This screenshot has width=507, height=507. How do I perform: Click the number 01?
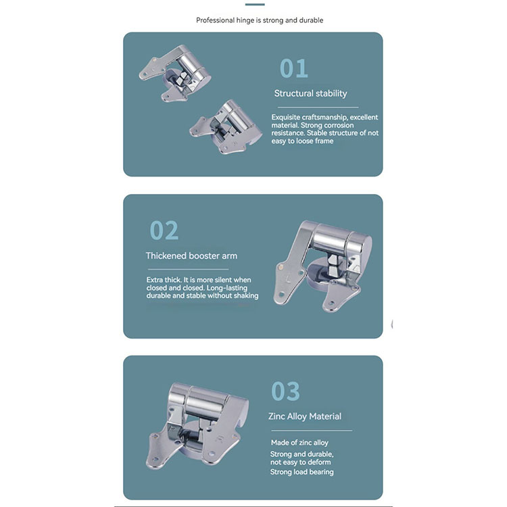293,68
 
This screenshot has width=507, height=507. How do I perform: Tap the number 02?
164,231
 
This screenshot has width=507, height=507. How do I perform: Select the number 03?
285,391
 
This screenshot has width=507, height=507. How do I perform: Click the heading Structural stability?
310,93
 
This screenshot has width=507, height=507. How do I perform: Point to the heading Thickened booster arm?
191,256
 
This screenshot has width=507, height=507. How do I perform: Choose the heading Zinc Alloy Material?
305,416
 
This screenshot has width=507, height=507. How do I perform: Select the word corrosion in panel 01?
339,125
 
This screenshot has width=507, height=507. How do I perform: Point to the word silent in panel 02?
219,280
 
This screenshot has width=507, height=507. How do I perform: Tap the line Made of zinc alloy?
299,442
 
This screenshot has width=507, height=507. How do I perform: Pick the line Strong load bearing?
302,472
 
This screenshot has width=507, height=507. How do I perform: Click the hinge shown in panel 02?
322,266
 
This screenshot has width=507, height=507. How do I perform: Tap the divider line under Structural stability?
318,107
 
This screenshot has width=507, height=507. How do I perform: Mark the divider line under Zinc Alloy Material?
312,431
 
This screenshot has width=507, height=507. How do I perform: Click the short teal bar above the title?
255,5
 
